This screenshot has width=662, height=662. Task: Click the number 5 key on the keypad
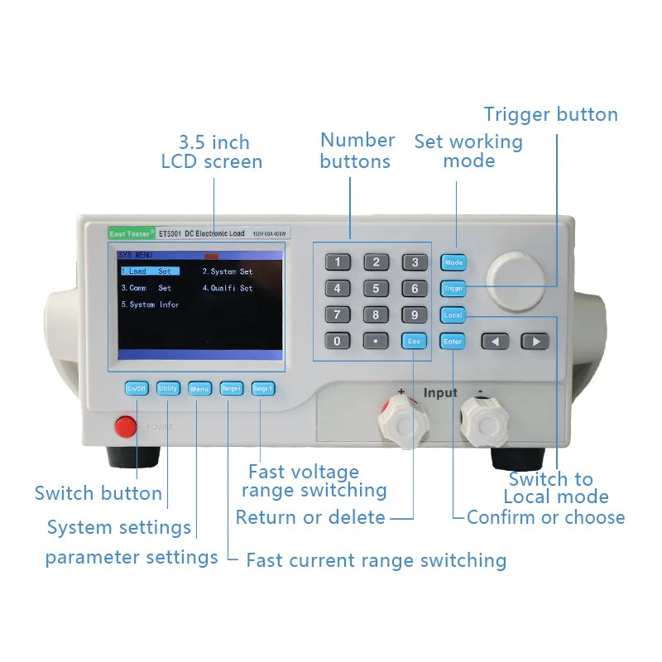pos(376,289)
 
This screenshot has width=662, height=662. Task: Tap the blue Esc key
pos(415,341)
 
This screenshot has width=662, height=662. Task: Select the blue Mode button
pos(453,262)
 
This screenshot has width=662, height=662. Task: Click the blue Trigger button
pos(453,289)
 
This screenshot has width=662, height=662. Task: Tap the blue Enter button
pos(453,341)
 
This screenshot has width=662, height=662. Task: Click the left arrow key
pos(496,341)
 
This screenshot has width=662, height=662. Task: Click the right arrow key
pos(535,341)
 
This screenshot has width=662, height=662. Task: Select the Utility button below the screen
pos(168,388)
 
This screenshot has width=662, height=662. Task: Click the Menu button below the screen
pos(199,388)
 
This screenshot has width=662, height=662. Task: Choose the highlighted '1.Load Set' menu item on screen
pos(150,271)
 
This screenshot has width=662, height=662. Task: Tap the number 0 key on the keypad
pos(337,341)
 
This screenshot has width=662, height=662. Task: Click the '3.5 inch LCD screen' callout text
pos(212,152)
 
